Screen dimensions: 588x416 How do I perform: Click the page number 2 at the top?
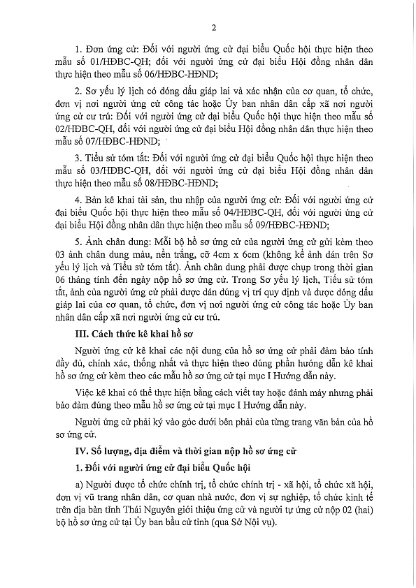tap(210, 27)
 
